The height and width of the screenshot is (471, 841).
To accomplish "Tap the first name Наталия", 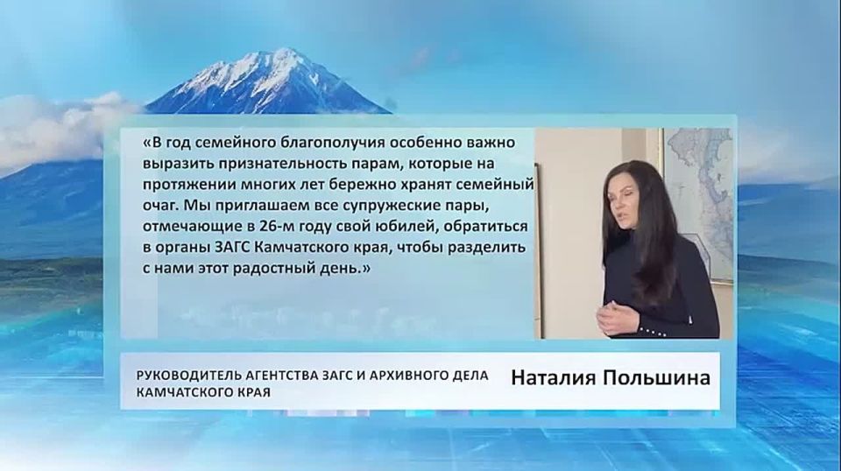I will (x=553, y=380).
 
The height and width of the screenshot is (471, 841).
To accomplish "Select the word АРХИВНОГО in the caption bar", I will (x=405, y=375).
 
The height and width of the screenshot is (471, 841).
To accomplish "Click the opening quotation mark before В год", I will (x=146, y=143).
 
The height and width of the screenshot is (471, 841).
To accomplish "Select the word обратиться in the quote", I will (x=484, y=227).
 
